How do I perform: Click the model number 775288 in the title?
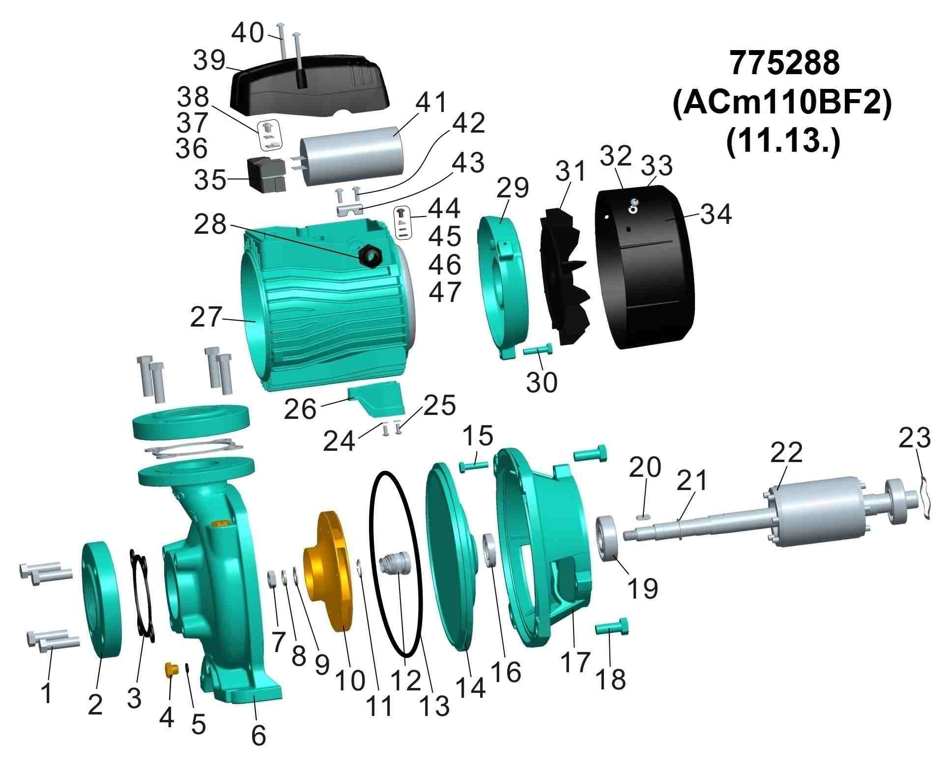784,63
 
